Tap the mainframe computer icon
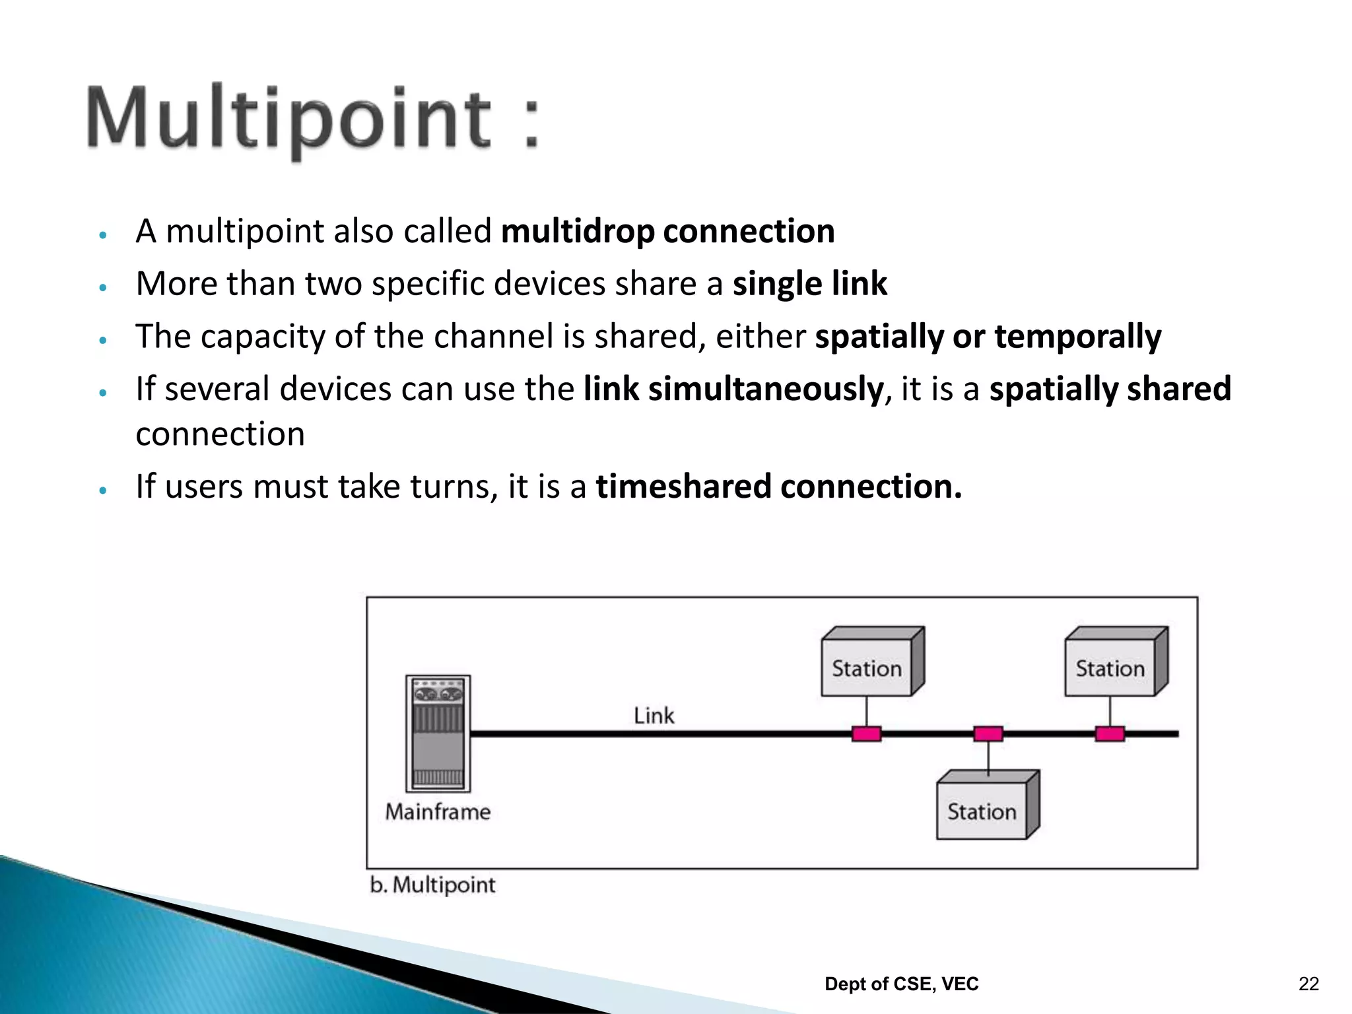click(x=438, y=733)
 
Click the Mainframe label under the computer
click(x=438, y=811)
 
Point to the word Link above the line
click(x=654, y=716)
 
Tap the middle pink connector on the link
click(x=988, y=733)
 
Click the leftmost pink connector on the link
click(x=866, y=733)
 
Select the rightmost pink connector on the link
click(x=1110, y=733)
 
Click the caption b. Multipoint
click(x=432, y=885)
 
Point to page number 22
click(x=1308, y=984)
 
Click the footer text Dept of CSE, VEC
click(x=901, y=984)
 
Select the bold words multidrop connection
click(x=667, y=232)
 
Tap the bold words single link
click(x=809, y=284)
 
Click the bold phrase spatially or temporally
click(x=988, y=337)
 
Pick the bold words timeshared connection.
click(x=778, y=487)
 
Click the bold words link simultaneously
click(x=733, y=389)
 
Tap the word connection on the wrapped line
click(x=220, y=434)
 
